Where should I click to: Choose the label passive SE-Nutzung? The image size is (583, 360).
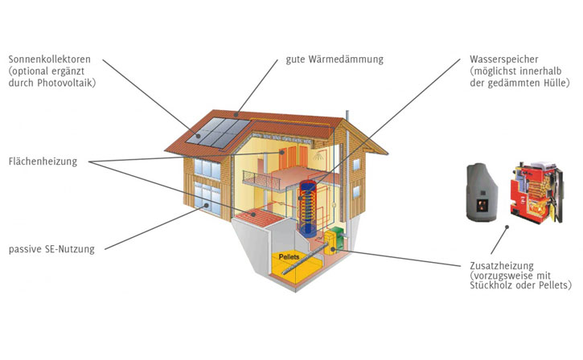51,249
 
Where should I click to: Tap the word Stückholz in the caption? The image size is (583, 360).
491,286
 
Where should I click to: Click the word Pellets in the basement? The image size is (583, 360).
292,257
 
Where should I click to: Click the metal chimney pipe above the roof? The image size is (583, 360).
347,118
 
